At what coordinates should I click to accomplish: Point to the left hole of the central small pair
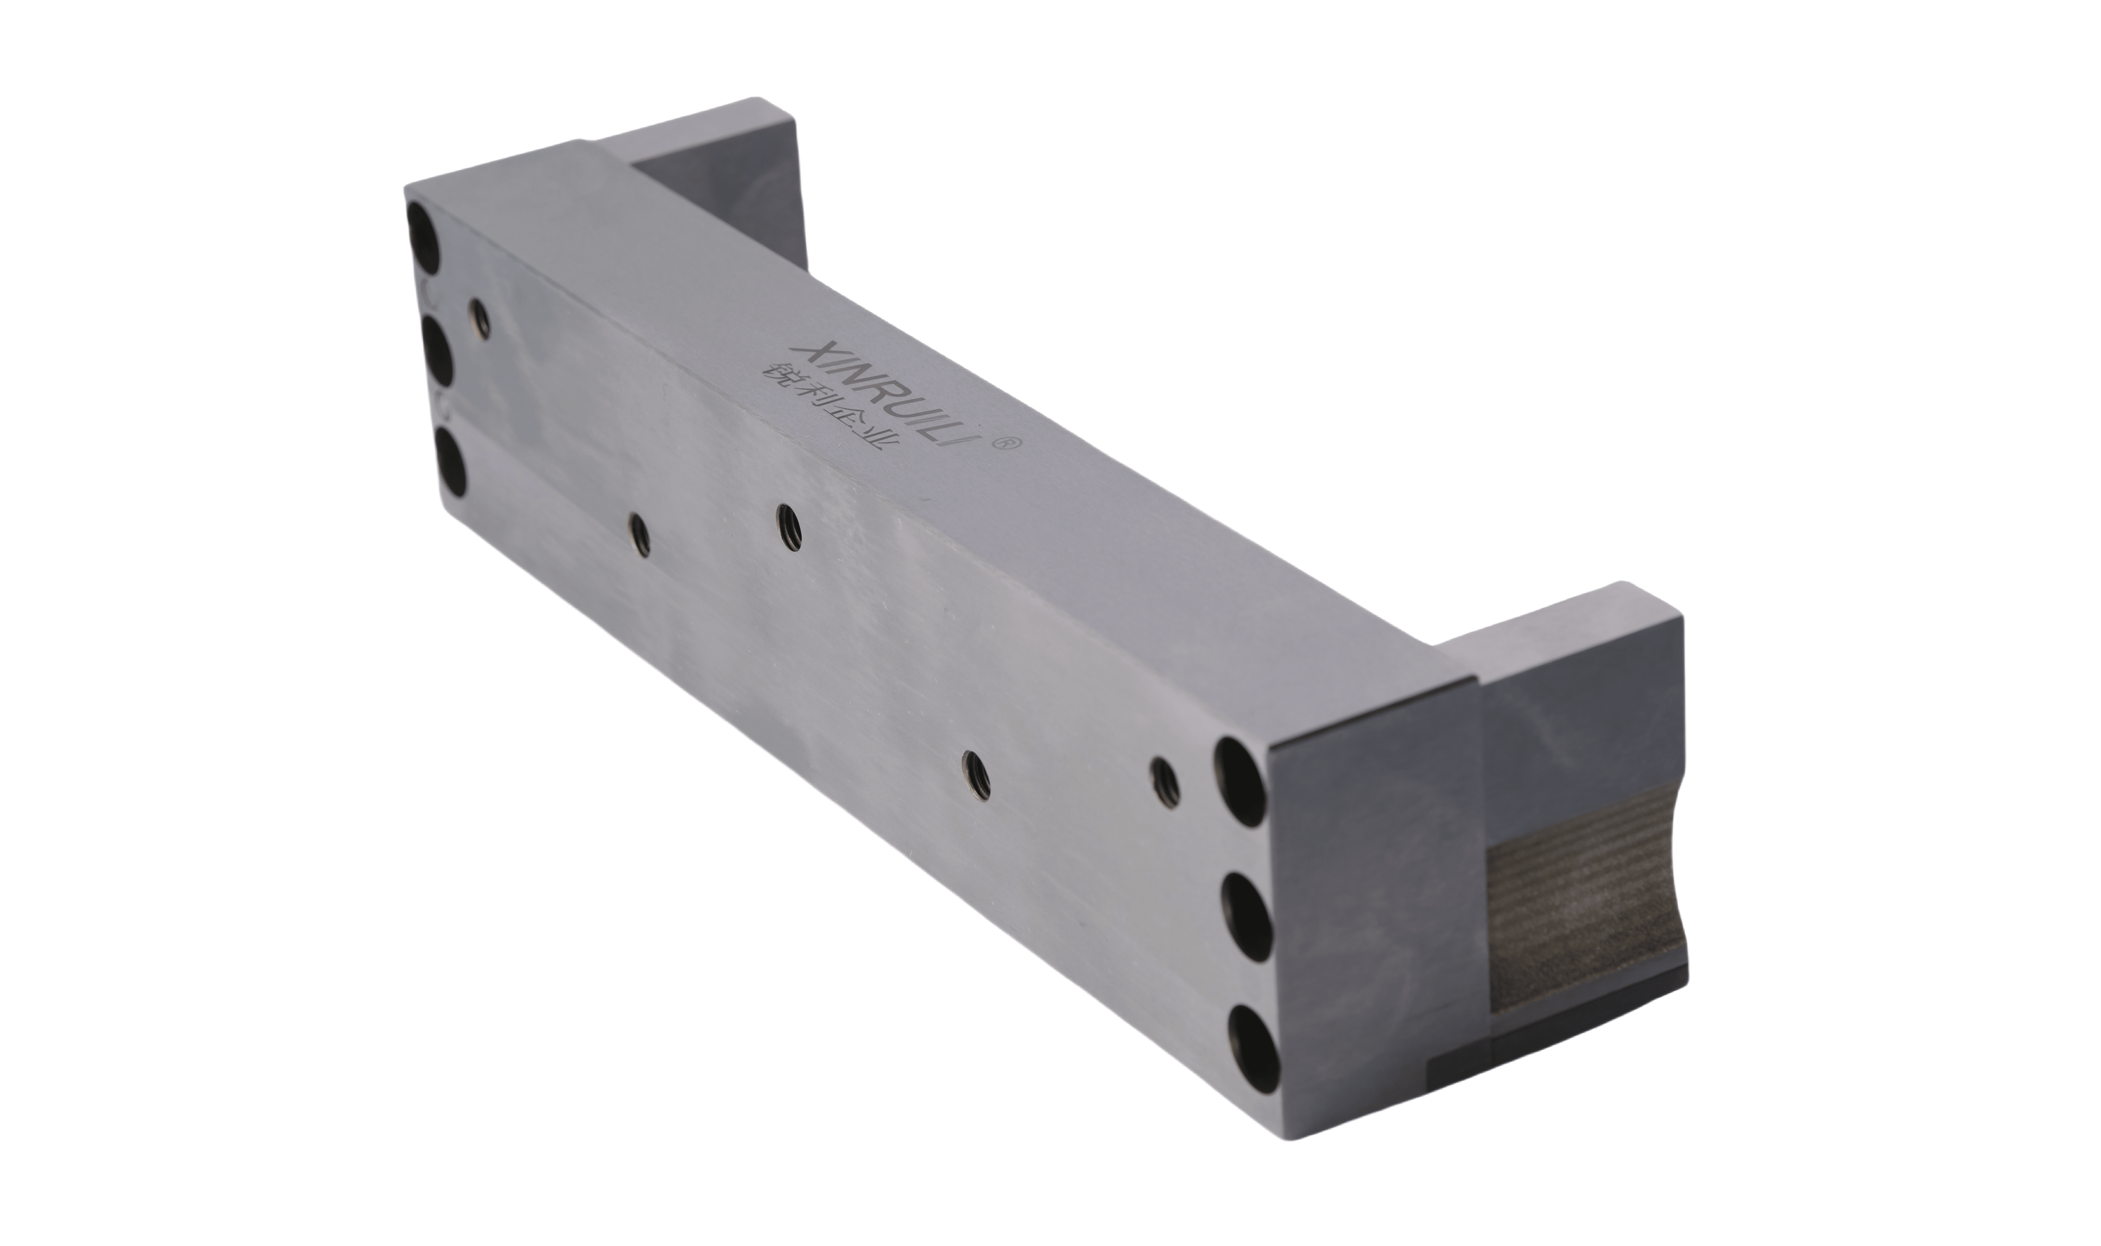pos(640,535)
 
